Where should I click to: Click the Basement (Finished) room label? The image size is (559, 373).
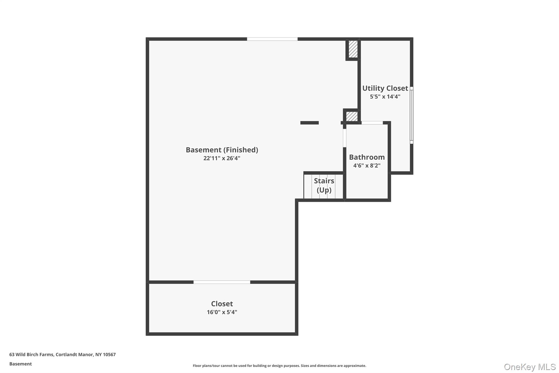[x=222, y=150]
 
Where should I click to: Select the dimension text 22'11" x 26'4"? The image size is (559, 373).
[x=222, y=158]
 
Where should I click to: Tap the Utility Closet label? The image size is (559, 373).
[x=385, y=88]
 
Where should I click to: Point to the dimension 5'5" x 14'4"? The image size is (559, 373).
[x=385, y=96]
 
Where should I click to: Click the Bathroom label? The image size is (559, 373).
[x=367, y=157]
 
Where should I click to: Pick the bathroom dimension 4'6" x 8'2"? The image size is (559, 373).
[x=367, y=165]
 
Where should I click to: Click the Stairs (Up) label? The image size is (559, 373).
[x=324, y=185]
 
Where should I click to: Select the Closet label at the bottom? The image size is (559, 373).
[x=222, y=304]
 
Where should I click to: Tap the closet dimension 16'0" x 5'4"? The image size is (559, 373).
[x=222, y=312]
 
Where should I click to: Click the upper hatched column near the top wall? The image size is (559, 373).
[x=353, y=49]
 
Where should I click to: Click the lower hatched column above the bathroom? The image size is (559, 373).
[x=352, y=116]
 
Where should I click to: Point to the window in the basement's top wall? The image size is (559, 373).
[x=272, y=39]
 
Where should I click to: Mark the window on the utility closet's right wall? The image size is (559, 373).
[x=411, y=115]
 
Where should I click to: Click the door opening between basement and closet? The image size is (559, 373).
[x=222, y=282]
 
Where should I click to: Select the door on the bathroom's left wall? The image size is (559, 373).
[x=344, y=138]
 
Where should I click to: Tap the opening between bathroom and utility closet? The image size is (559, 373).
[x=372, y=123]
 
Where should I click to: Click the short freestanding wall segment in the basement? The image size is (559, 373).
[x=309, y=123]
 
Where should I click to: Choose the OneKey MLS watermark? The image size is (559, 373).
[x=530, y=367]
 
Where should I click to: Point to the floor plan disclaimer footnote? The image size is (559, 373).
[x=279, y=366]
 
